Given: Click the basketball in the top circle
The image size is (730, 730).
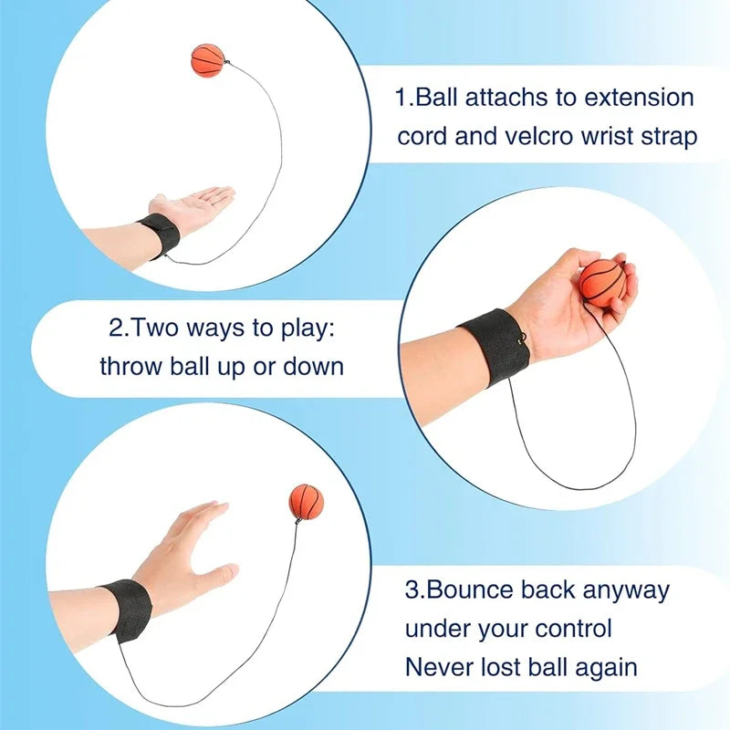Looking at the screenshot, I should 206,59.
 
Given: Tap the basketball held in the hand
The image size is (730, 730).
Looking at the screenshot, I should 603,283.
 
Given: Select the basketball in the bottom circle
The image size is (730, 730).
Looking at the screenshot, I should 307,503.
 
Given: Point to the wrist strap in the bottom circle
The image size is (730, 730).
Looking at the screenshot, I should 127,609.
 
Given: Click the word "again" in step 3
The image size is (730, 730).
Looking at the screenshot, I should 602,667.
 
